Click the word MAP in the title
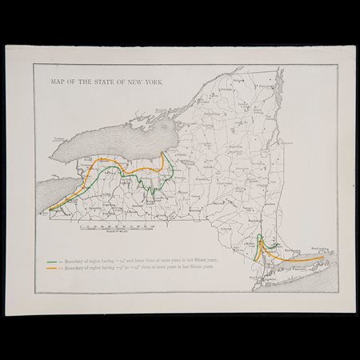pyautogui.click(x=57, y=82)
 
